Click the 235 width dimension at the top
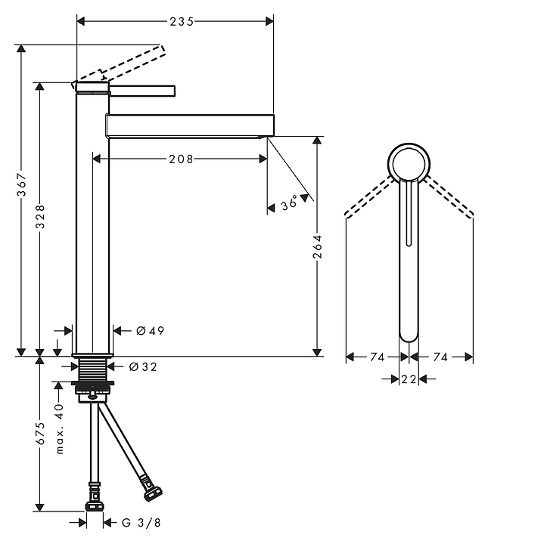point(182,22)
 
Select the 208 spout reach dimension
point(181,159)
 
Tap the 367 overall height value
point(21,184)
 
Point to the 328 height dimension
point(41,217)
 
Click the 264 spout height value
point(317,246)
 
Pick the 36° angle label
point(289,202)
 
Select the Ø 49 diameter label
point(150,331)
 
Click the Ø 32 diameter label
point(143,366)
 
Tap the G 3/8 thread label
point(141,523)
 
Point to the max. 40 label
point(60,429)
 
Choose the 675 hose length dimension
point(41,433)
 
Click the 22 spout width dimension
point(409,379)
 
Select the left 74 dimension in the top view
point(377,357)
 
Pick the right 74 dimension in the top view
point(440,357)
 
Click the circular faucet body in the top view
point(409,144)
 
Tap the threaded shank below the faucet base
point(93,369)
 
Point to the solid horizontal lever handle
point(142,91)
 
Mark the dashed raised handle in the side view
point(118,65)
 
